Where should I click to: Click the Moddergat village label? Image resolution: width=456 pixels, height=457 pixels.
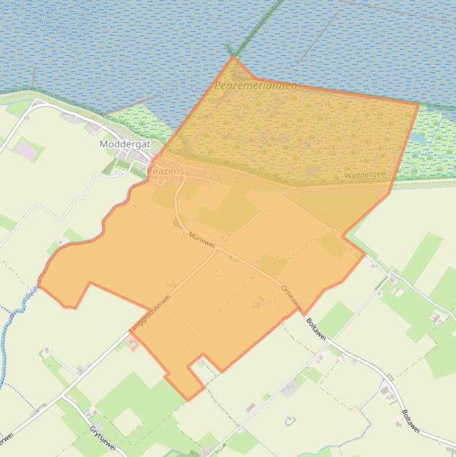pyautogui.click(x=125, y=144)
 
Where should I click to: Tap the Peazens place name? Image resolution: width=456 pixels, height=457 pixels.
pyautogui.click(x=165, y=171)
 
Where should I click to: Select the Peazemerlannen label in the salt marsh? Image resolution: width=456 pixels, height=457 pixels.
pyautogui.click(x=256, y=86)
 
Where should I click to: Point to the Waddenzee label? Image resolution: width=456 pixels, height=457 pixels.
pyautogui.click(x=365, y=175)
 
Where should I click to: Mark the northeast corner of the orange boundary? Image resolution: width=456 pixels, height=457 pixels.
pyautogui.click(x=419, y=104)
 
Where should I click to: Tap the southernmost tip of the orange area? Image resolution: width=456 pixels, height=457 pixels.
pyautogui.click(x=189, y=400)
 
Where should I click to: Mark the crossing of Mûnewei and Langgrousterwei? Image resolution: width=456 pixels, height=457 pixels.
pyautogui.click(x=216, y=249)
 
